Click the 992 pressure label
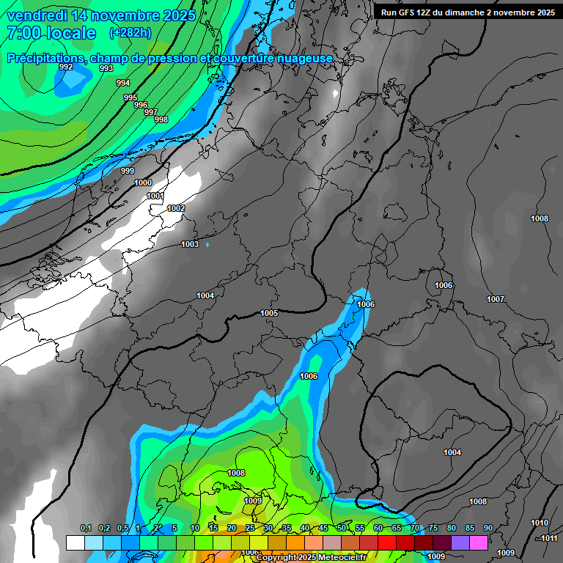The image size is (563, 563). point(66,67)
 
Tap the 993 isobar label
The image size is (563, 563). point(106,68)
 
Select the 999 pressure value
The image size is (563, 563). point(128,171)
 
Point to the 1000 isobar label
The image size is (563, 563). point(144,183)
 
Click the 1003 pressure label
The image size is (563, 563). point(190,244)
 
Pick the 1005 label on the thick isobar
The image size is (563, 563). point(269,313)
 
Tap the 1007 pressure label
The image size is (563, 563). point(496,299)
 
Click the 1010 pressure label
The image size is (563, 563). point(540,523)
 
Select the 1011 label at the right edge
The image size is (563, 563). point(550,538)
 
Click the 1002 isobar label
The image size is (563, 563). point(176,208)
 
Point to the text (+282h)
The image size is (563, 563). point(130,33)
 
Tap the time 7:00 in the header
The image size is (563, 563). point(23,33)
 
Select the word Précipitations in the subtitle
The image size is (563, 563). point(45,58)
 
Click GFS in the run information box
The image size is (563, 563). point(408,12)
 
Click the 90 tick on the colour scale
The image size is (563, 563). point(487,528)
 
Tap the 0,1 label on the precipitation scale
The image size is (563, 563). point(86,528)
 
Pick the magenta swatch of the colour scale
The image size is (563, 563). point(479,542)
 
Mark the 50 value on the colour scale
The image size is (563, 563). point(342,528)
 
